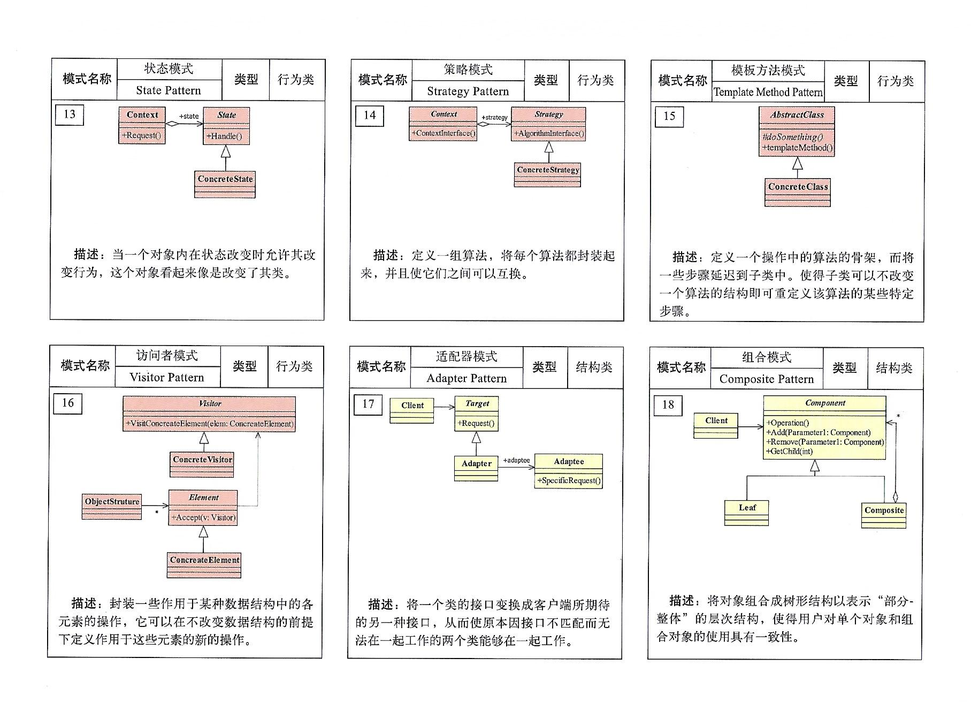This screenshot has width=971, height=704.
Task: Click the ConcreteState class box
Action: point(225,184)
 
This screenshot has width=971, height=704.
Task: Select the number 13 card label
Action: point(70,114)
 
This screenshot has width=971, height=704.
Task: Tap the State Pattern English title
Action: point(169,90)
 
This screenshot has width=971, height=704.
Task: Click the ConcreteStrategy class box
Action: point(548,174)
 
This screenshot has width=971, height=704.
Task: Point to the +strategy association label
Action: point(494,117)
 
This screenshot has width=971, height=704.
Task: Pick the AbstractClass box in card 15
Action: point(797,132)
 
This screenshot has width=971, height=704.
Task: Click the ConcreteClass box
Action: point(798,192)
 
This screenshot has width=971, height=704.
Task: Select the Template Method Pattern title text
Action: point(768,92)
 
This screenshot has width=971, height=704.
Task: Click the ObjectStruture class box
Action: point(112,506)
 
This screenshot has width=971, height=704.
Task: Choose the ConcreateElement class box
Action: point(204,565)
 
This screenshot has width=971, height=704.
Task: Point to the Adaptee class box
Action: point(569,471)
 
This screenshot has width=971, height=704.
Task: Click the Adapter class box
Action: point(476,468)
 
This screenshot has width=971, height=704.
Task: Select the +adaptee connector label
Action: point(516,460)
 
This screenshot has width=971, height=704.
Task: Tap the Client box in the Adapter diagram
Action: point(412,410)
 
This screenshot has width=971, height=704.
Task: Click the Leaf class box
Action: point(747,512)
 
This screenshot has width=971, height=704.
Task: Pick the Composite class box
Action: point(884,515)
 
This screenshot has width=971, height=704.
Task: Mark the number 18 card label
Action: point(668,405)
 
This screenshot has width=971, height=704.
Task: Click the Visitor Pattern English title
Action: point(167,377)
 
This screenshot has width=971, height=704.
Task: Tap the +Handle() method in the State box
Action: point(225,136)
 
